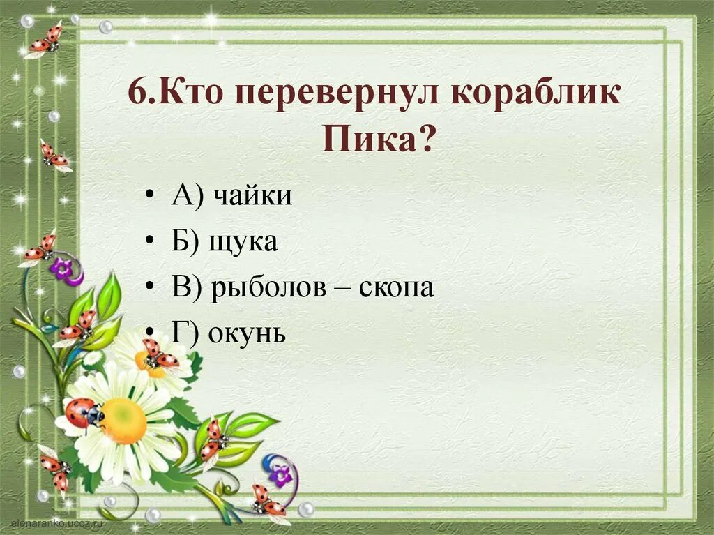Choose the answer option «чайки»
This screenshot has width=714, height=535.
point(252,197)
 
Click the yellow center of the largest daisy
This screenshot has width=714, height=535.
point(124,421)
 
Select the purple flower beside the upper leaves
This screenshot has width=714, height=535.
point(63,269)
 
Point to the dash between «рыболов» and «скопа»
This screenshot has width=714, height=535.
point(344,289)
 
